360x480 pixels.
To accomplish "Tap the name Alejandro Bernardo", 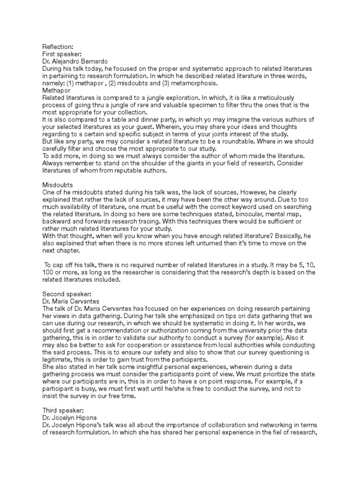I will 81,61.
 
